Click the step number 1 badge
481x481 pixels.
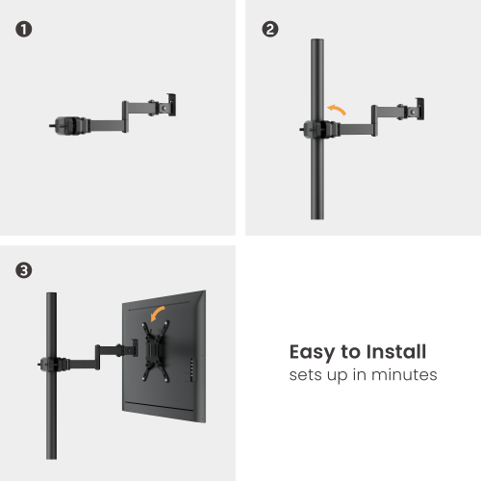pos(23,29)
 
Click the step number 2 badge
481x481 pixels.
pos(270,29)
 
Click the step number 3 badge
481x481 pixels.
pos(23,271)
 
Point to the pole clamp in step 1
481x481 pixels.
pos(67,124)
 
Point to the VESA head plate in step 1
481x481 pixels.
pos(172,103)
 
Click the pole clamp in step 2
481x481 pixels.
pos(314,128)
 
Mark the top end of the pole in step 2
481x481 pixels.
pos(316,41)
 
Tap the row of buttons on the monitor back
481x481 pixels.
pos(191,371)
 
